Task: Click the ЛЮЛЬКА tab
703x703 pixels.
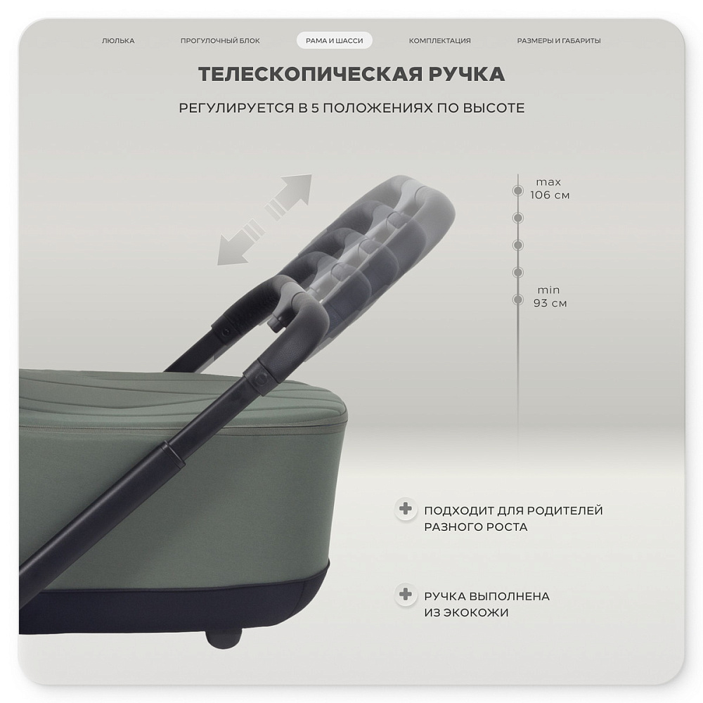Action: [118, 41]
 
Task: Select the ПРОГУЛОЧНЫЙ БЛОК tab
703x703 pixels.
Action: [220, 41]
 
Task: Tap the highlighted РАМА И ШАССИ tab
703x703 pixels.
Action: [335, 41]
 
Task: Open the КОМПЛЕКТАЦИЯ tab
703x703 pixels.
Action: [440, 41]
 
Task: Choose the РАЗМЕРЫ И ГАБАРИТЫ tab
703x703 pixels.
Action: [559, 41]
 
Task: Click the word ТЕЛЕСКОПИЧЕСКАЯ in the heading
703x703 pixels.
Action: [310, 74]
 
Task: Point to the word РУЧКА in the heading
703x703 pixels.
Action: [467, 74]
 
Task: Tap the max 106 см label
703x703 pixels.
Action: [550, 188]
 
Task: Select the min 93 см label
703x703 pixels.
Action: [550, 297]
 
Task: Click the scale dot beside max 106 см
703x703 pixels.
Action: [518, 191]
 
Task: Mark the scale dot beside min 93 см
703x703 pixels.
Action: [518, 299]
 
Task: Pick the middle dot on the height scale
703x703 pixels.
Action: [518, 245]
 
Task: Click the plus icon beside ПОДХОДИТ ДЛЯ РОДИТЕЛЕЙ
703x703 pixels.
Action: [406, 509]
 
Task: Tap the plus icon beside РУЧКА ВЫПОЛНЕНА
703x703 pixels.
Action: [406, 595]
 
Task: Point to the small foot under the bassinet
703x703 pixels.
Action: [224, 639]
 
